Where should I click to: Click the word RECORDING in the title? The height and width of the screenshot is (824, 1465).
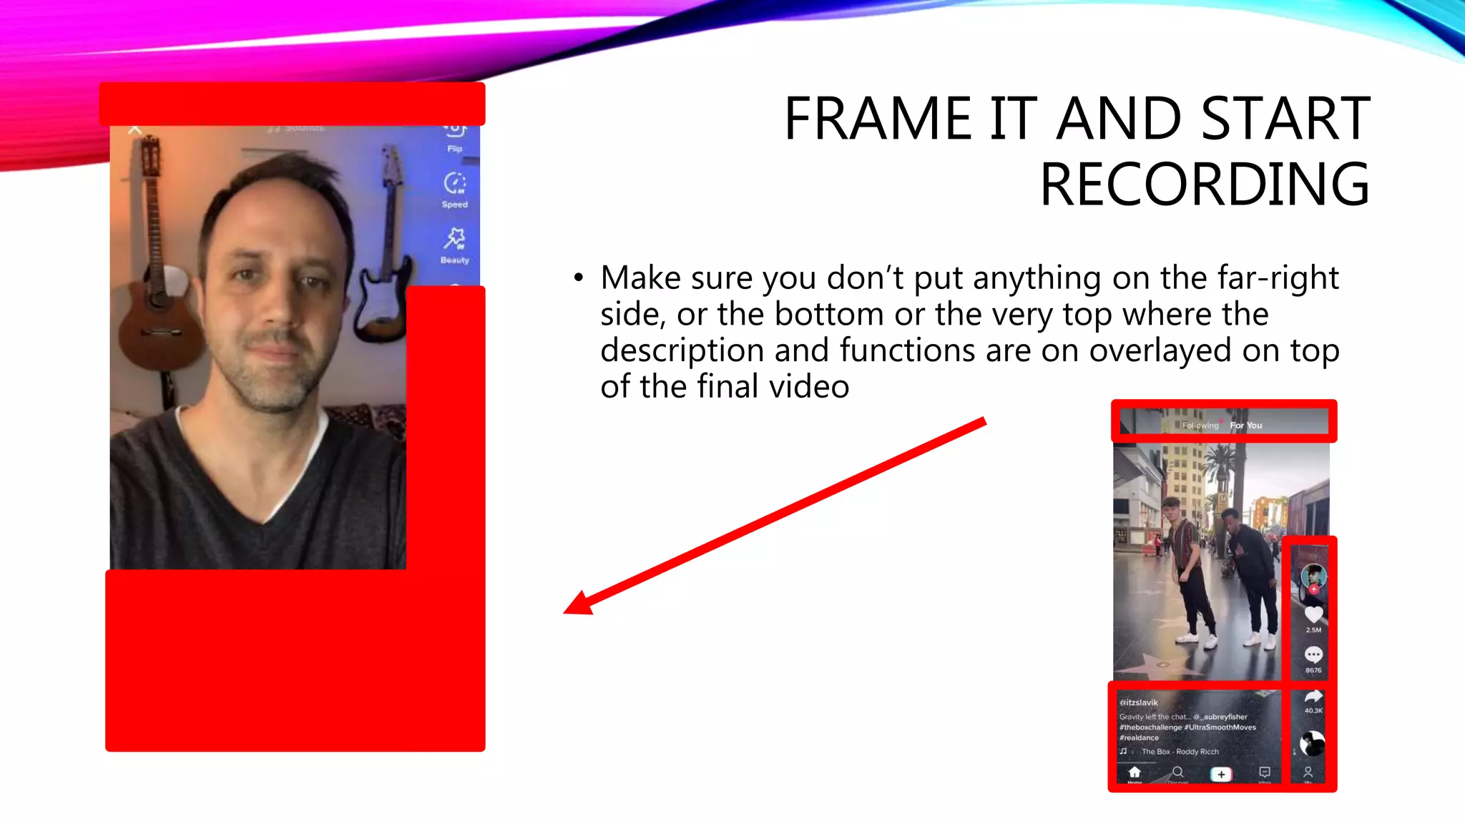click(x=1205, y=185)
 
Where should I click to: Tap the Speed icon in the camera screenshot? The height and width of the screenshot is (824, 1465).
click(x=454, y=184)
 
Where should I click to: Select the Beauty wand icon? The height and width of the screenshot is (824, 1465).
click(x=454, y=238)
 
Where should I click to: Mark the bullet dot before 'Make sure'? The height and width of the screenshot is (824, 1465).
click(x=578, y=278)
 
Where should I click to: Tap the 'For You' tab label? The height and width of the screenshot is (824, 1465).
click(x=1246, y=426)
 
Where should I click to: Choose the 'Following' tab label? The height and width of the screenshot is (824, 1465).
click(x=1200, y=426)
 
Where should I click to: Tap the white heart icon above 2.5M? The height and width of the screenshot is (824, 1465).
click(x=1313, y=614)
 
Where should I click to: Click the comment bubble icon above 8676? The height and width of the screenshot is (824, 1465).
click(x=1313, y=654)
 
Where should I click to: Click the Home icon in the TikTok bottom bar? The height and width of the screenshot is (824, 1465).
click(x=1135, y=772)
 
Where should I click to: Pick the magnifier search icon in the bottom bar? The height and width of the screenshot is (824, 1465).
click(x=1177, y=772)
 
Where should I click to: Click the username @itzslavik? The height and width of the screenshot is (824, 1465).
click(x=1139, y=702)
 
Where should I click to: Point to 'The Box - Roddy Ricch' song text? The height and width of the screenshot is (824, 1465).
click(x=1180, y=752)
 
